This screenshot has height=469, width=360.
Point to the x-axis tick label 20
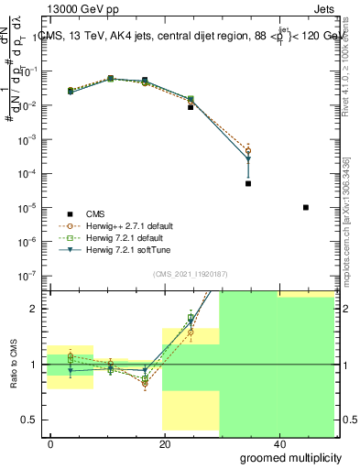165,443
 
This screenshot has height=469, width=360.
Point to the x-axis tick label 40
278,443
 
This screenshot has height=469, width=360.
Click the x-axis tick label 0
51,443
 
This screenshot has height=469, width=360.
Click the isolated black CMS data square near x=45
306,207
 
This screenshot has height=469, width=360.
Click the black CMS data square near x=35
248,183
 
